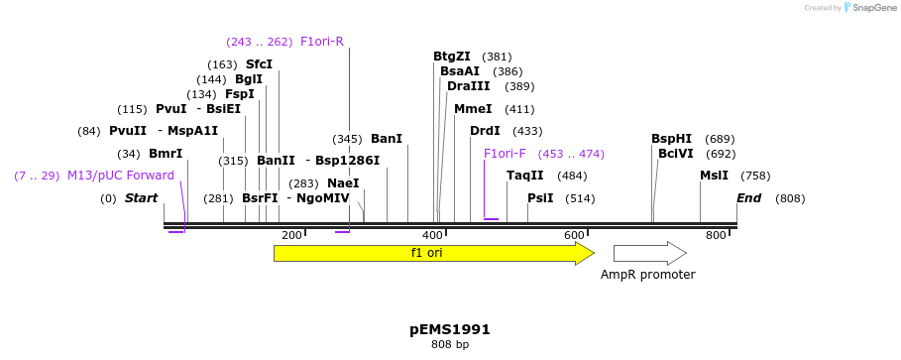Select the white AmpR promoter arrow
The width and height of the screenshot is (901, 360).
(x=649, y=253)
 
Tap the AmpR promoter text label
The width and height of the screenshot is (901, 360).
(x=648, y=275)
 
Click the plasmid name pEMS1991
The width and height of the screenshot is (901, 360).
(x=450, y=329)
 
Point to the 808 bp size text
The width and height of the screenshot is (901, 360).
(x=450, y=345)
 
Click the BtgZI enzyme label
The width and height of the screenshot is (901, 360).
(x=452, y=57)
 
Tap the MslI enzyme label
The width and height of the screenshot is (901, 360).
(x=714, y=176)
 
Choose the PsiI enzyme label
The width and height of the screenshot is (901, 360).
(x=540, y=198)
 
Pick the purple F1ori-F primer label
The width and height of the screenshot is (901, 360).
(x=505, y=154)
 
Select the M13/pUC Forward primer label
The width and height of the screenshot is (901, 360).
(x=121, y=176)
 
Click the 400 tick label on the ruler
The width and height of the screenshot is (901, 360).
(x=433, y=235)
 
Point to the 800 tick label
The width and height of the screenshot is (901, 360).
(x=716, y=235)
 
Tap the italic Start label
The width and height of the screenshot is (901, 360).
(x=142, y=198)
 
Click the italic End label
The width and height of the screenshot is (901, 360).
(x=748, y=198)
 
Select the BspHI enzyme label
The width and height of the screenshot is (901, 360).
(x=671, y=139)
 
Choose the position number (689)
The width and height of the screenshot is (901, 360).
(x=720, y=139)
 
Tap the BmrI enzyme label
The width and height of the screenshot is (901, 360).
(x=166, y=154)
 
